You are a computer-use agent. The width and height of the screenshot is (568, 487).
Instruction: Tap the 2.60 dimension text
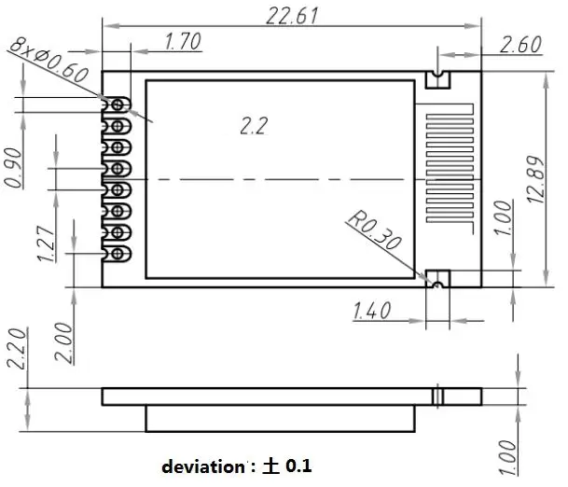coord(520,44)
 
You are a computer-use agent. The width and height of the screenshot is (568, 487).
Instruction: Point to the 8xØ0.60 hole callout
coord(48,60)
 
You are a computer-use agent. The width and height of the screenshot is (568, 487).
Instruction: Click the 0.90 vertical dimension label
coord(15,167)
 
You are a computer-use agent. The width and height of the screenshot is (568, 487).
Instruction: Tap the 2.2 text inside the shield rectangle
coord(253,126)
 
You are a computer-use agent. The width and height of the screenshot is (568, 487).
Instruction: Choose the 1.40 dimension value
coord(373,311)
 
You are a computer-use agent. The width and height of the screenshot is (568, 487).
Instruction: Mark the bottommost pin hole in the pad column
coord(118,253)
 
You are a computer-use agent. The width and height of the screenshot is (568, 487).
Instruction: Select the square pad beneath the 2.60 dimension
coord(436,78)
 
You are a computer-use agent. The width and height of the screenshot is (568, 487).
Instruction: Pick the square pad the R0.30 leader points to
coord(436,278)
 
